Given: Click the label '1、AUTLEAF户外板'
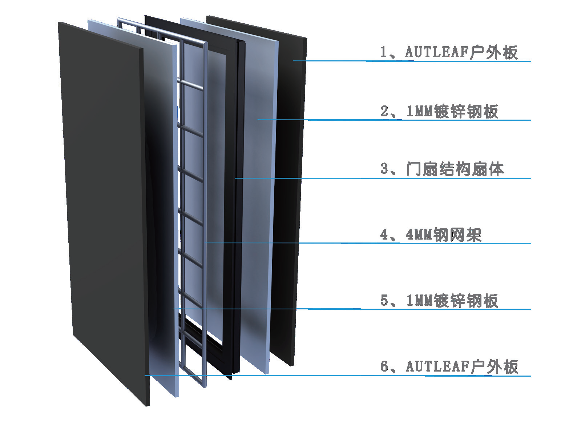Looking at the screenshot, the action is [x=448, y=53].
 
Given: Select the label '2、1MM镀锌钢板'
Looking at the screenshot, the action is [x=439, y=112].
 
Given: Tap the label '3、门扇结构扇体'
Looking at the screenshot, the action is [x=442, y=169].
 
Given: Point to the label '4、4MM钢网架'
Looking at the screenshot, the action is [x=431, y=235].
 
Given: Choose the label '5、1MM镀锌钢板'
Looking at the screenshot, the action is [x=439, y=301].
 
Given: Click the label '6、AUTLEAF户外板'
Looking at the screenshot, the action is [x=449, y=367].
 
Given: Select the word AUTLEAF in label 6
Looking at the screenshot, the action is [x=437, y=366].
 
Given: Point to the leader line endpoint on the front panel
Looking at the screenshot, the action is [x=145, y=375].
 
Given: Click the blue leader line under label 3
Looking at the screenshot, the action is [x=383, y=178].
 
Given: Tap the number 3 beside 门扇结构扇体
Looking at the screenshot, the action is [x=384, y=169].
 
